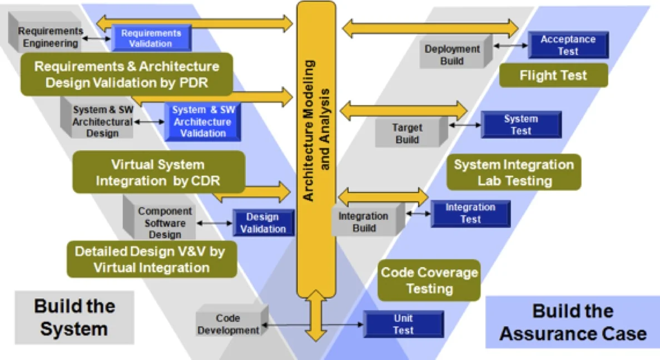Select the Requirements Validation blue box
151,38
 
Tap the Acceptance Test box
567,45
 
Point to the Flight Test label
553,75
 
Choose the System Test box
520,125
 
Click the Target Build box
407,134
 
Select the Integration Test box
470,213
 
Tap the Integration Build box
363,222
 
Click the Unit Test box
403,324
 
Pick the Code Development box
228,324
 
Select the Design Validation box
262,223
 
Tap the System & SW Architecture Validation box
202,122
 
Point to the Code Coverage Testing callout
429,280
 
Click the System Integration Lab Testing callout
513,172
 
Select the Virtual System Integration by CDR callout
158,172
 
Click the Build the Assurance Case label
572,323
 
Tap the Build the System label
74,317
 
